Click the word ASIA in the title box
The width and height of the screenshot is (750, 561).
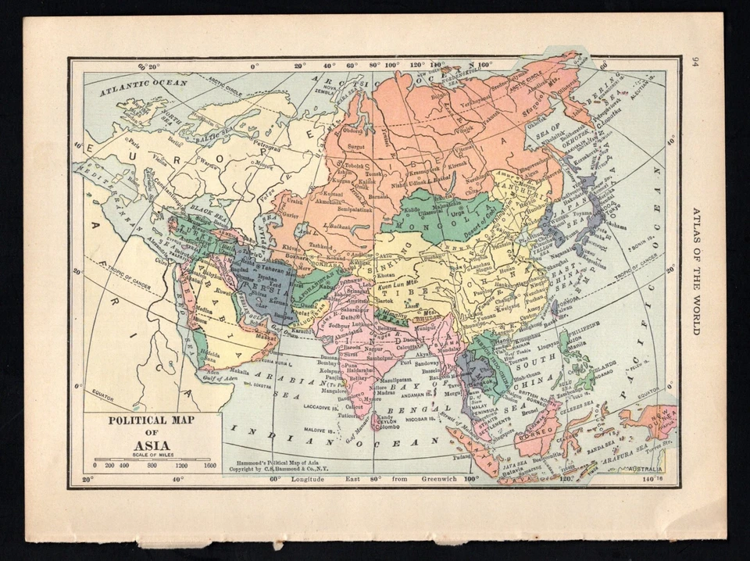[x=153, y=447]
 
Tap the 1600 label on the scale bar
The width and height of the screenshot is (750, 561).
[x=209, y=465]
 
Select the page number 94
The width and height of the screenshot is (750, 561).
[x=695, y=63]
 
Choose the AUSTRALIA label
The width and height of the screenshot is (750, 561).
[x=645, y=469]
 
